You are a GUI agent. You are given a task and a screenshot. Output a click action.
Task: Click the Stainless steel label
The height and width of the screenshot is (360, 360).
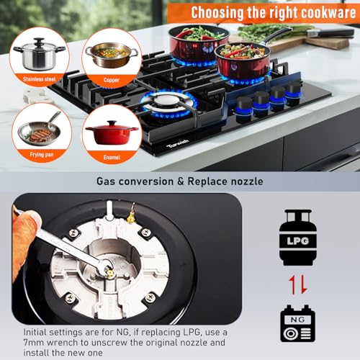[40, 79]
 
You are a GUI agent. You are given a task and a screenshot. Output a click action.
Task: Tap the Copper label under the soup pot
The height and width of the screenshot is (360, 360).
[112, 80]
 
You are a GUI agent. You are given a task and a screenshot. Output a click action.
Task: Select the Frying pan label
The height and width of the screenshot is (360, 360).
[42, 155]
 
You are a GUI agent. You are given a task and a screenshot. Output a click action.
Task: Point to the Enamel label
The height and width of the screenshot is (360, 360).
[112, 157]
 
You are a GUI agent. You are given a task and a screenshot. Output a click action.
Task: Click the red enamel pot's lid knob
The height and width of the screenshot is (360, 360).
[112, 122]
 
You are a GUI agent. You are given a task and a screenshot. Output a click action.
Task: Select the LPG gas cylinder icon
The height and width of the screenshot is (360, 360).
[298, 238]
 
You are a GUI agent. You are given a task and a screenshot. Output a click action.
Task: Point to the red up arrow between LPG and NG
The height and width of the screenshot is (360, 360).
[292, 285]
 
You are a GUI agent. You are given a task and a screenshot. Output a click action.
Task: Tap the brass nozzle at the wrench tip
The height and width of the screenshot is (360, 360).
[109, 272]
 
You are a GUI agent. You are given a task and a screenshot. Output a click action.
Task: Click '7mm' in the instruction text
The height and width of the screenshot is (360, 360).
[34, 343]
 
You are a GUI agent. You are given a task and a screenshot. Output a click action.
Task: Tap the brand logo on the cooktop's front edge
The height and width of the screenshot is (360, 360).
[178, 143]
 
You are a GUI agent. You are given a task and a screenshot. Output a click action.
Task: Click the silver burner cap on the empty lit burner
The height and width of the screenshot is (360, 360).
[168, 102]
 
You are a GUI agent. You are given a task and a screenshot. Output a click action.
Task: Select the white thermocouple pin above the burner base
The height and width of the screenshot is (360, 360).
[109, 210]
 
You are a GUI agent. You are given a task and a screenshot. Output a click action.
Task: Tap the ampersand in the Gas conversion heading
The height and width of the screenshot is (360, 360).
[180, 181]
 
